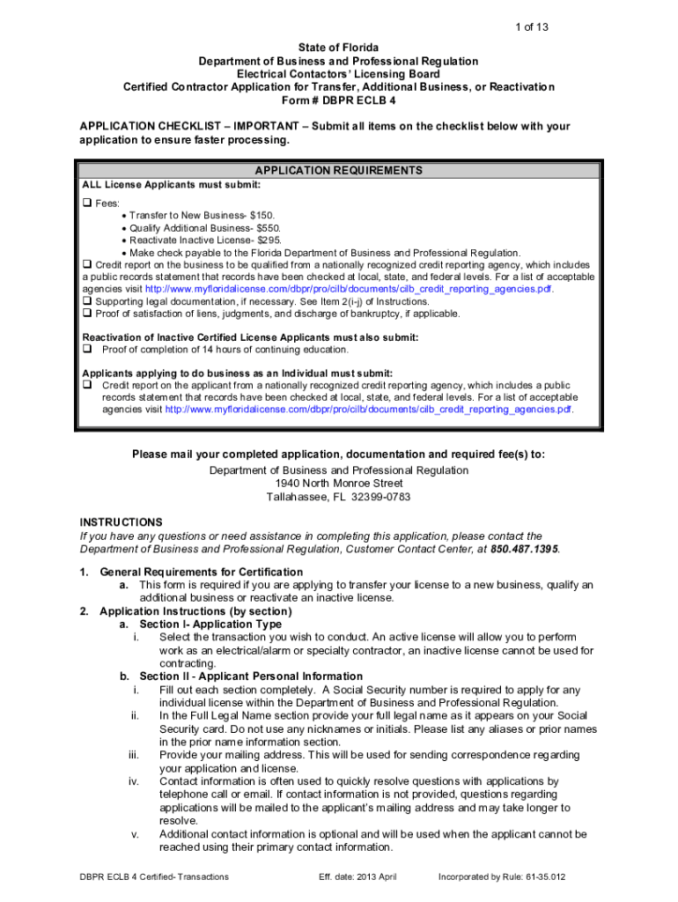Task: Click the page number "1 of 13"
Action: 532,27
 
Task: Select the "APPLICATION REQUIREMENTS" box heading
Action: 338,171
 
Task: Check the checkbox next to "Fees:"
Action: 87,203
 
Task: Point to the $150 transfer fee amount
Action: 262,215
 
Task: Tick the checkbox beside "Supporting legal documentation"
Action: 87,301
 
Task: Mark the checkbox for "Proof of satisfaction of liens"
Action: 87,314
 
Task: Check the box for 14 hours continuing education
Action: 87,350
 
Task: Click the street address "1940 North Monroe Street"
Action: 338,484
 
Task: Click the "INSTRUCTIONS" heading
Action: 121,522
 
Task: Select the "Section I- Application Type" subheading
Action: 210,624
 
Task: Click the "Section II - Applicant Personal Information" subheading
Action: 239,676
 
